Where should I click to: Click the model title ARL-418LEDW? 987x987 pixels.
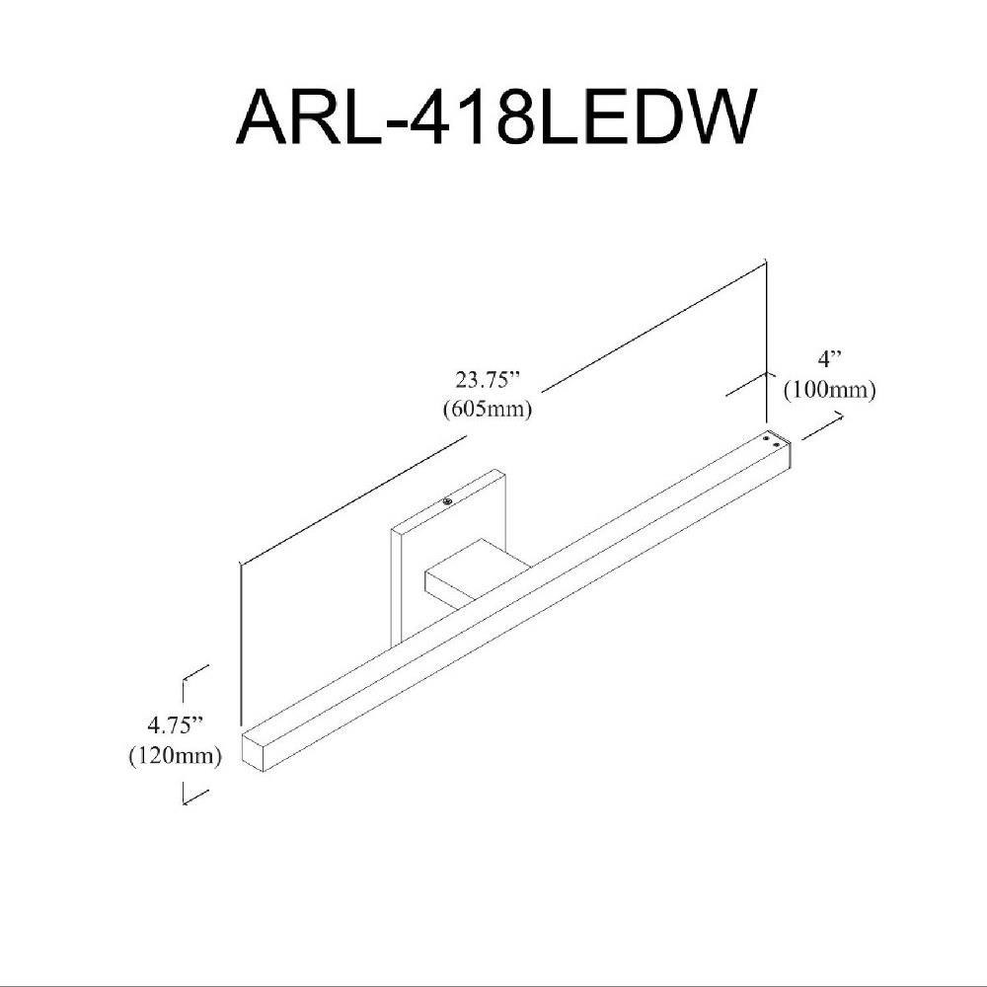click(x=495, y=117)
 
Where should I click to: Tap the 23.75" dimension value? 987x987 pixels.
click(x=489, y=380)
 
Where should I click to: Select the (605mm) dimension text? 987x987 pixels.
click(x=488, y=410)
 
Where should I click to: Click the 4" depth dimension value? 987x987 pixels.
click(x=829, y=360)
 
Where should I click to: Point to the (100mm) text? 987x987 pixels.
click(x=829, y=390)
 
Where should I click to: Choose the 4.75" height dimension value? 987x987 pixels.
click(x=176, y=725)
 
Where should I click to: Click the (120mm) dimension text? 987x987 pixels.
click(x=176, y=755)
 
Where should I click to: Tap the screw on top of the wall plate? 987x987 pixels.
click(x=447, y=501)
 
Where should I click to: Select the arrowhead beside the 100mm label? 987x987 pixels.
click(x=838, y=415)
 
